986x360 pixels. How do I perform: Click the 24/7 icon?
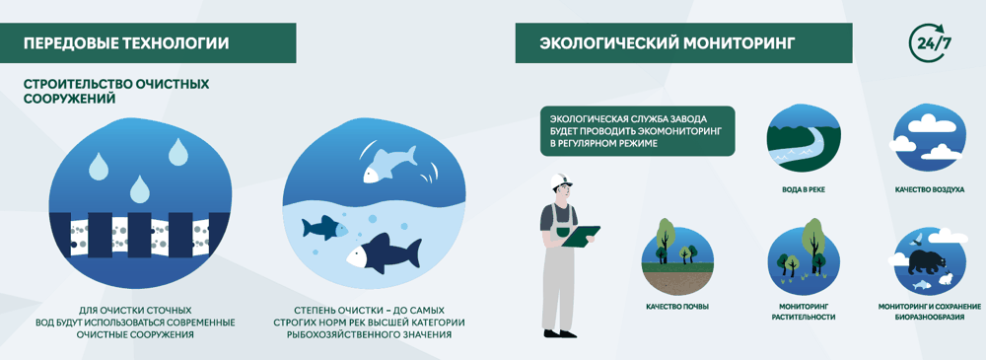pyautogui.click(x=926, y=42)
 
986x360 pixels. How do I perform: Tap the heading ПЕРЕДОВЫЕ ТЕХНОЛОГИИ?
pyautogui.click(x=126, y=43)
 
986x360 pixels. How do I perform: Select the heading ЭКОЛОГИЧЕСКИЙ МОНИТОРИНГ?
pyautogui.click(x=667, y=43)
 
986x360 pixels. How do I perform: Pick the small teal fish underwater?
pyautogui.click(x=324, y=227)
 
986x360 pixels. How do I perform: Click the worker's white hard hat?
pyautogui.click(x=560, y=181)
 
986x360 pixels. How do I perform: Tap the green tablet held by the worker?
pyautogui.click(x=581, y=236)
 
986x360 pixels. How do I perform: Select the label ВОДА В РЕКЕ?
pyautogui.click(x=803, y=188)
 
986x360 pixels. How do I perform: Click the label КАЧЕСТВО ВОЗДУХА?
pyautogui.click(x=930, y=188)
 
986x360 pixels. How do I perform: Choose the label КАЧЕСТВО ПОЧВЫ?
pyautogui.click(x=677, y=307)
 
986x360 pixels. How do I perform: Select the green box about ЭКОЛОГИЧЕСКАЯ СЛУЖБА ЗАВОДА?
pyautogui.click(x=638, y=131)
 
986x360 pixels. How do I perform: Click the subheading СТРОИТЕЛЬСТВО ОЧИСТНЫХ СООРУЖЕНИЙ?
pyautogui.click(x=116, y=92)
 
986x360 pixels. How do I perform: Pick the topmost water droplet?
pyautogui.click(x=177, y=152)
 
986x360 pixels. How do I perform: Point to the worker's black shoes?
pyautogui.click(x=560, y=333)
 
